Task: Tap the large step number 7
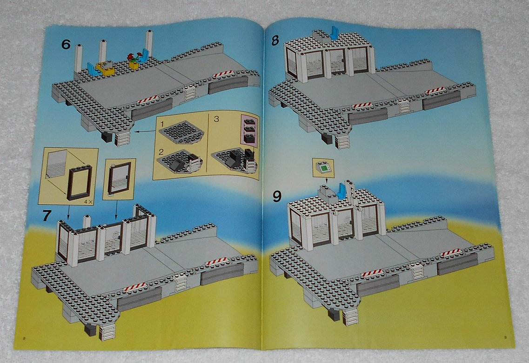tap(47, 216)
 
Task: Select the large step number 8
tap(275, 40)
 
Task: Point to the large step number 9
tap(277, 196)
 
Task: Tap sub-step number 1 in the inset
tap(162, 124)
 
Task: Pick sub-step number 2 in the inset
tap(161, 152)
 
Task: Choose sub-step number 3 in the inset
tap(216, 119)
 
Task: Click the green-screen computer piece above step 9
tap(323, 167)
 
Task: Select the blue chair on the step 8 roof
tap(335, 33)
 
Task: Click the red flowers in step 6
tap(132, 57)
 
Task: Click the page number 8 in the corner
tap(24, 338)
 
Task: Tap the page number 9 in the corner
tap(505, 337)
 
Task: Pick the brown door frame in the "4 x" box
tap(80, 183)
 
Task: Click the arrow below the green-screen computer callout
tap(326, 180)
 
